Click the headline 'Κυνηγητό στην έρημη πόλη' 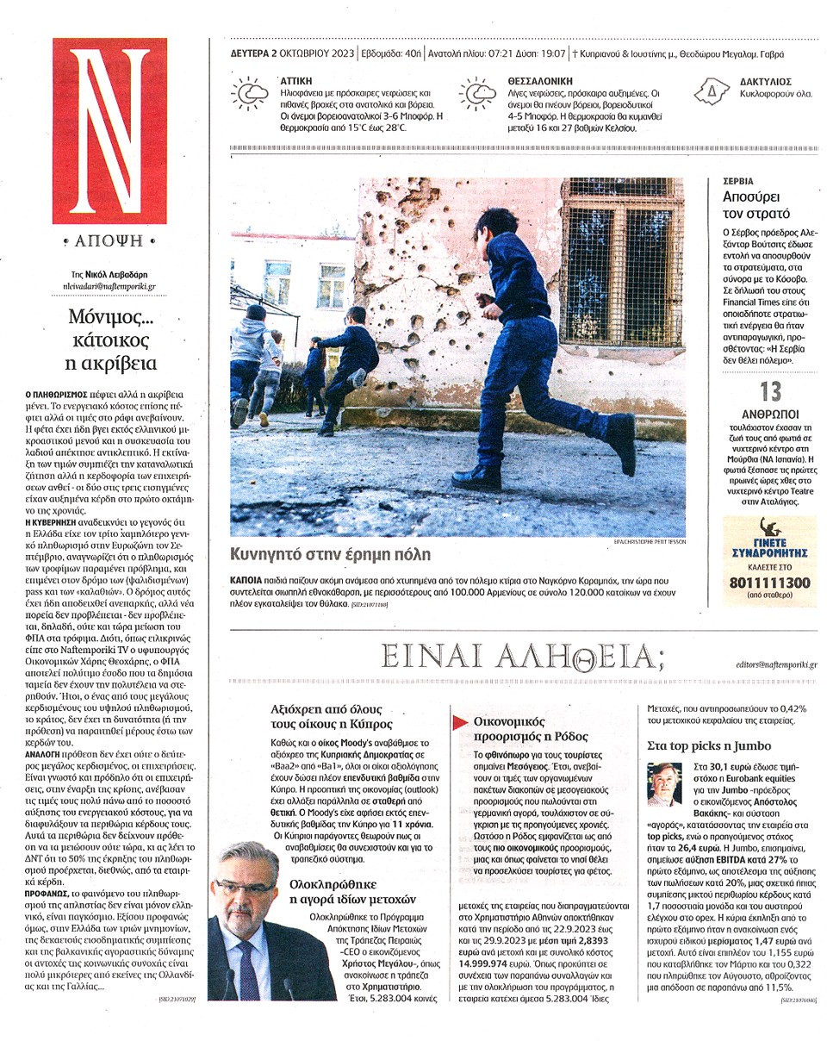[x=332, y=554]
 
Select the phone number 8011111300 [x=769, y=583]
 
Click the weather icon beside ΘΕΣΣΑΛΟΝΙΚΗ [x=478, y=93]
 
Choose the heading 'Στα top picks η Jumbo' [x=708, y=745]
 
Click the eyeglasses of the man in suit [x=245, y=888]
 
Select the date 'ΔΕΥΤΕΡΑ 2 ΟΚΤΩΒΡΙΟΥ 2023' [x=292, y=54]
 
